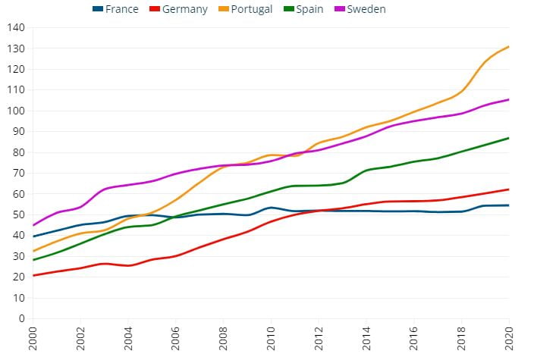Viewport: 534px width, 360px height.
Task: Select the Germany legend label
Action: [184, 9]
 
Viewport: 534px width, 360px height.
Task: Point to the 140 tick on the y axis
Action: [16, 27]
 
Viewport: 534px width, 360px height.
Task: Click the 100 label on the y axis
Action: [16, 111]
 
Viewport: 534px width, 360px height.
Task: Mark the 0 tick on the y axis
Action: [21, 318]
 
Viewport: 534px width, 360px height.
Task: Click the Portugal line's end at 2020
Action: [508, 47]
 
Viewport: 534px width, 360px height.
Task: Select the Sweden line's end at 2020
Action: [508, 99]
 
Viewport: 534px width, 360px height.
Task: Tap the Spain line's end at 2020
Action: [508, 138]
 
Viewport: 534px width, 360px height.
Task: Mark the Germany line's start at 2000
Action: [33, 275]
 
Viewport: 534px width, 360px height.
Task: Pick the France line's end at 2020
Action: [508, 205]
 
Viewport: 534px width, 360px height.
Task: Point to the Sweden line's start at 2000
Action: [33, 225]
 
